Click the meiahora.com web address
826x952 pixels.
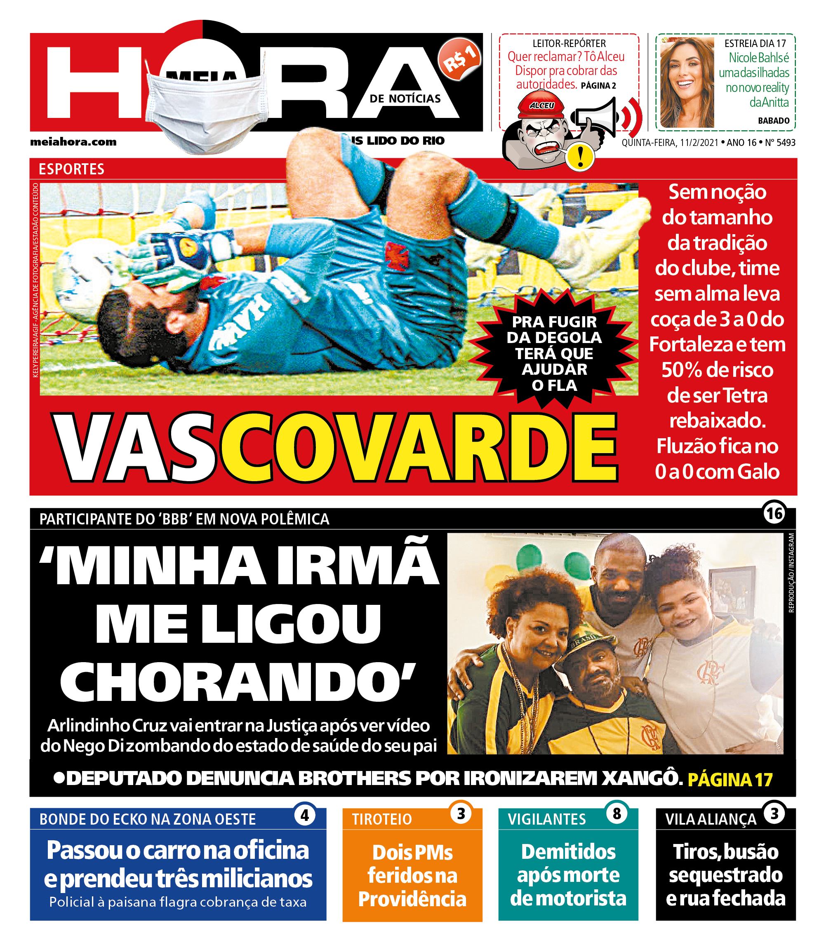coord(73,142)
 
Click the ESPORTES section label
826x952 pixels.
coord(71,169)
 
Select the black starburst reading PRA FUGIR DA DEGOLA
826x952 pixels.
coord(555,353)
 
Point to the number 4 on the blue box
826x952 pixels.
coord(304,816)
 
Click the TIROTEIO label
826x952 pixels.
coord(382,819)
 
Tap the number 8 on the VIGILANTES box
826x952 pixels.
coord(617,814)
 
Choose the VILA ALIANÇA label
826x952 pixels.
coord(711,819)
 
